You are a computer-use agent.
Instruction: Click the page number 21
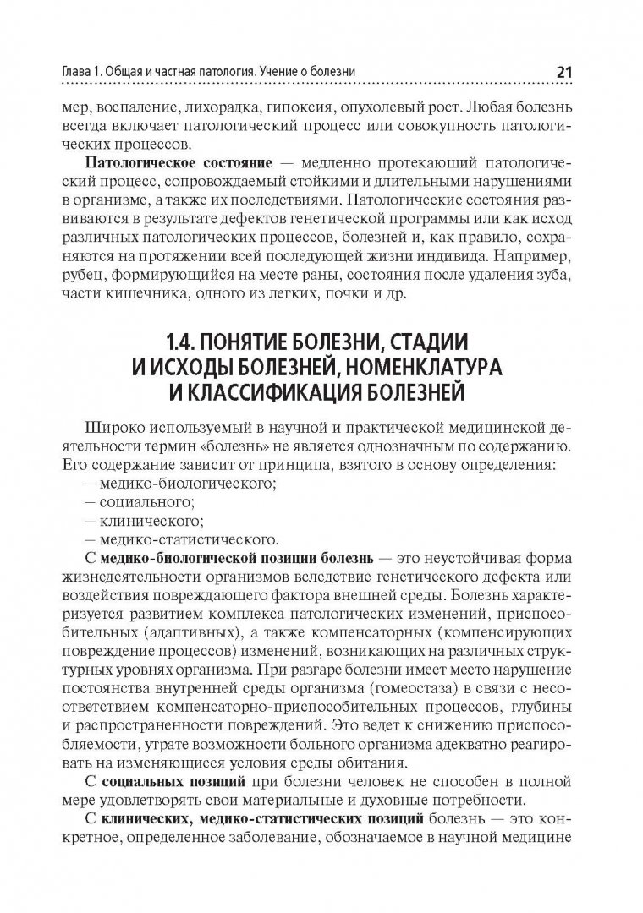(564, 73)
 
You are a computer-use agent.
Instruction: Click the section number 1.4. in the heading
(184, 346)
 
